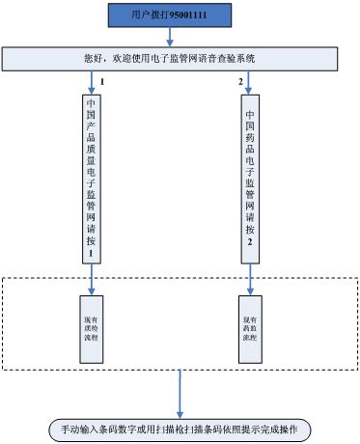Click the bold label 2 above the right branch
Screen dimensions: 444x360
[241, 81]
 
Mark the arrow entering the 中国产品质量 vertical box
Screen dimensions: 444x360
[91, 81]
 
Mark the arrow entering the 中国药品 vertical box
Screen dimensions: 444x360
[250, 81]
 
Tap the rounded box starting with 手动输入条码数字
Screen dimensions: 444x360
[180, 428]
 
